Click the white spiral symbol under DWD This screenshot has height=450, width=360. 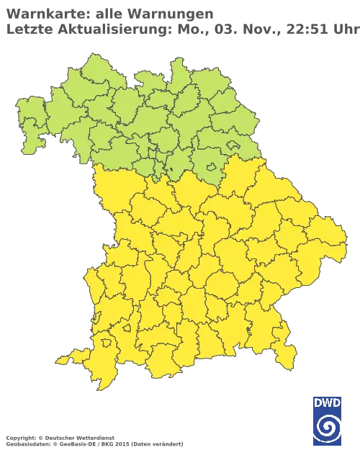point(327,426)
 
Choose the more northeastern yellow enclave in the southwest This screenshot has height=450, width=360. point(127,328)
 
